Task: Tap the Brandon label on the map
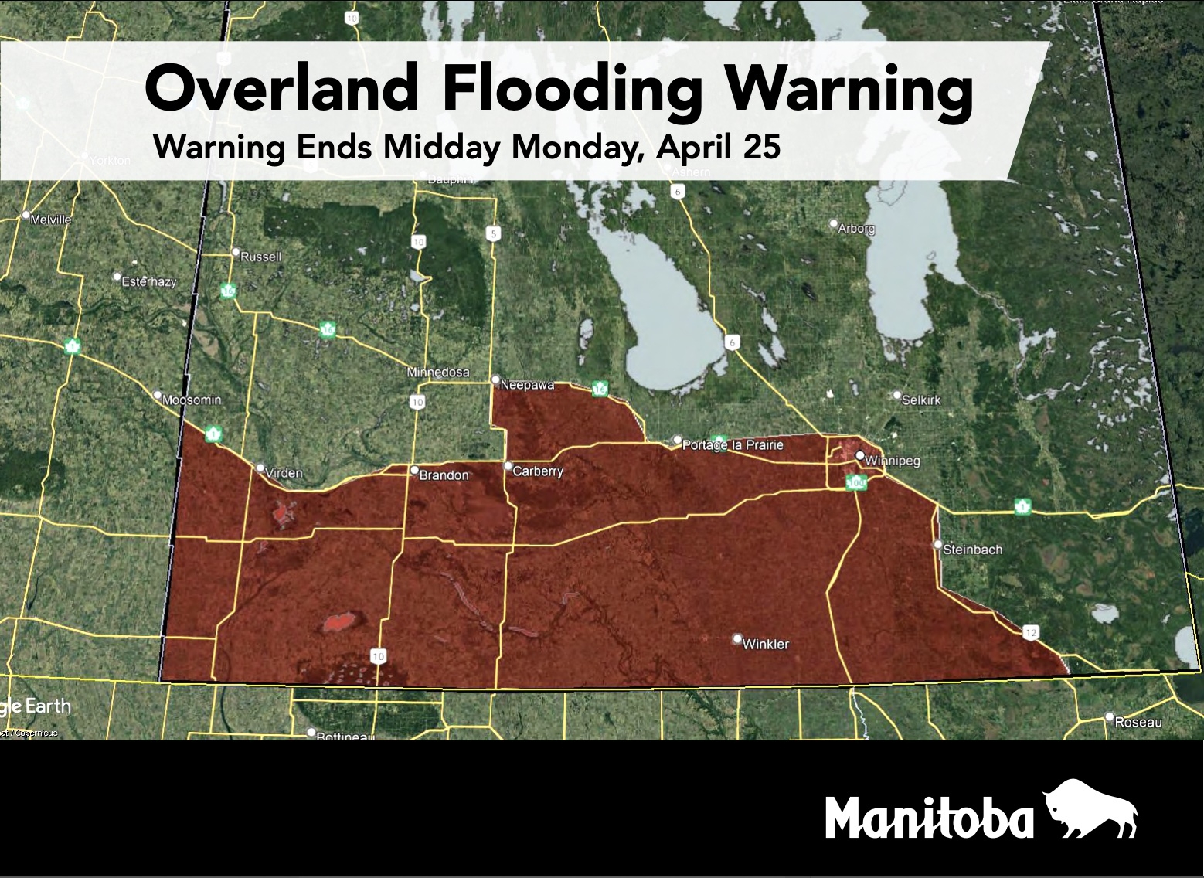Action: pos(444,475)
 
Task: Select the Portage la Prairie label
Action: pos(733,445)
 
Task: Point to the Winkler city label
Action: pos(765,644)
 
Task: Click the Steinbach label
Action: pos(972,550)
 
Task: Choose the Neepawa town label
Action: pos(527,384)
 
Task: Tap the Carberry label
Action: pos(538,471)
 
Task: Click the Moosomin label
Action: pos(192,400)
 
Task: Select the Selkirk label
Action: pos(921,400)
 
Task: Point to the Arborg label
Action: pos(856,229)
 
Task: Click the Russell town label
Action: pos(261,256)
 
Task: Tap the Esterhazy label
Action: pos(148,281)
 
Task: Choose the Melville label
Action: pos(51,219)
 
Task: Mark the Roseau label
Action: pos(1138,722)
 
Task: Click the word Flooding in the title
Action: pos(571,90)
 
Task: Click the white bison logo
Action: pos(1090,809)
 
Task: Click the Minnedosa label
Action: pos(438,372)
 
